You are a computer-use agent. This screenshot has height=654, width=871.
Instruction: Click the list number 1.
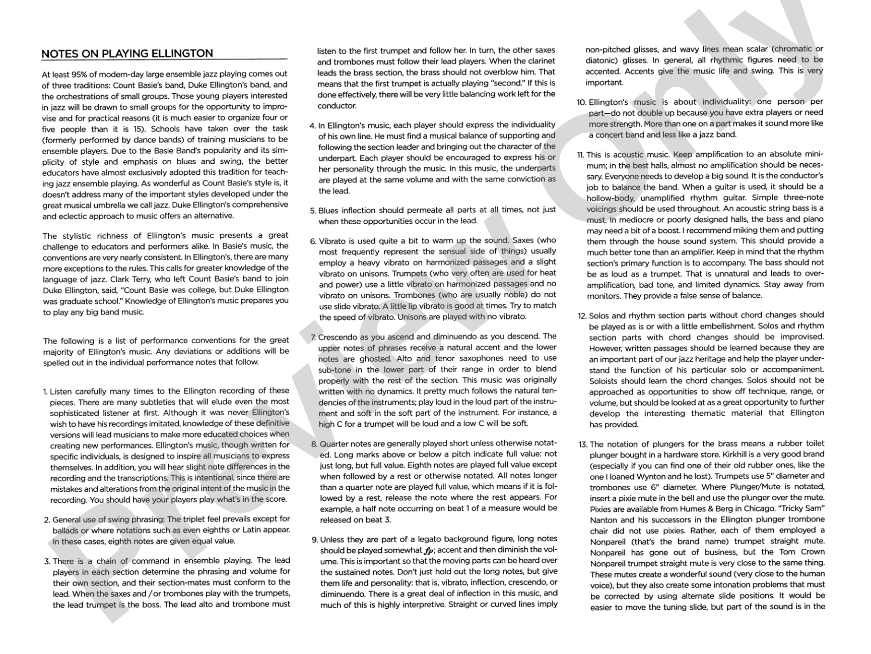pyautogui.click(x=45, y=391)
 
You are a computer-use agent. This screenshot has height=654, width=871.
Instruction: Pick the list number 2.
pyautogui.click(x=47, y=519)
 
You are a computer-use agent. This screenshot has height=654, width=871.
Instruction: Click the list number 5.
pyautogui.click(x=312, y=211)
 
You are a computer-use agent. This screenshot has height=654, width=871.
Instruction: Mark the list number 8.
pyautogui.click(x=314, y=444)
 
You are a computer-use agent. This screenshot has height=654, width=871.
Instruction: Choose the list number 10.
pyautogui.click(x=581, y=102)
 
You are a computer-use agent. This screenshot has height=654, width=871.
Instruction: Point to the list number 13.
pyautogui.click(x=582, y=444)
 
